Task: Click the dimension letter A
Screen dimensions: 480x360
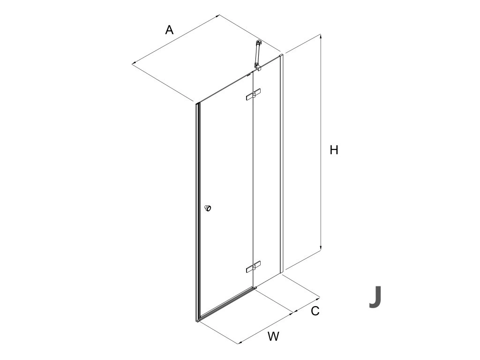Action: pos(169,30)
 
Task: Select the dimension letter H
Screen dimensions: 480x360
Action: pos(334,150)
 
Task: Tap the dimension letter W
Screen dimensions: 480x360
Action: pos(274,336)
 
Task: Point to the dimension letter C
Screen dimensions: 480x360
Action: pos(315,310)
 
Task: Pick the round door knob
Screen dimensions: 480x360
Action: pos(208,208)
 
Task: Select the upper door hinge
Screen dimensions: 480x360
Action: pos(253,95)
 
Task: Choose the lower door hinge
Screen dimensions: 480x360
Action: pos(253,268)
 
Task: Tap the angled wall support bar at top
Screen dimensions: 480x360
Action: pos(257,53)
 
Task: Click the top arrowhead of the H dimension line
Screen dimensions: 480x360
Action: pos(321,36)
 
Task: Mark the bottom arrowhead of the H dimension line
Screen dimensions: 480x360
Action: pos(321,249)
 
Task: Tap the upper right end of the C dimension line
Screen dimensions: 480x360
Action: pos(319,297)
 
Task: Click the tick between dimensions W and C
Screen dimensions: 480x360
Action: pos(293,312)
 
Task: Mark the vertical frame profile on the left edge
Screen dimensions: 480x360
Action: pos(197,211)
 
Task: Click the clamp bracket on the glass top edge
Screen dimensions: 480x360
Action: pos(258,70)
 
